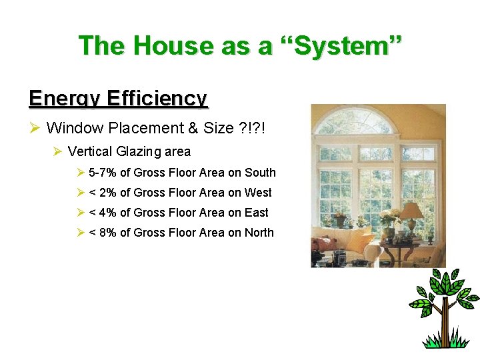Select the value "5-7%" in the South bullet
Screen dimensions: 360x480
click(102, 173)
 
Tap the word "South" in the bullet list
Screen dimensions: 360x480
click(260, 173)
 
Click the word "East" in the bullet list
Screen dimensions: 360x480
click(257, 213)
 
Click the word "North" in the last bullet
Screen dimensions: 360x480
click(259, 233)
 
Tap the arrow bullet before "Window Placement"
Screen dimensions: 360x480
click(36, 128)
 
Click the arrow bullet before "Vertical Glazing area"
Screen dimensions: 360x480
click(57, 152)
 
